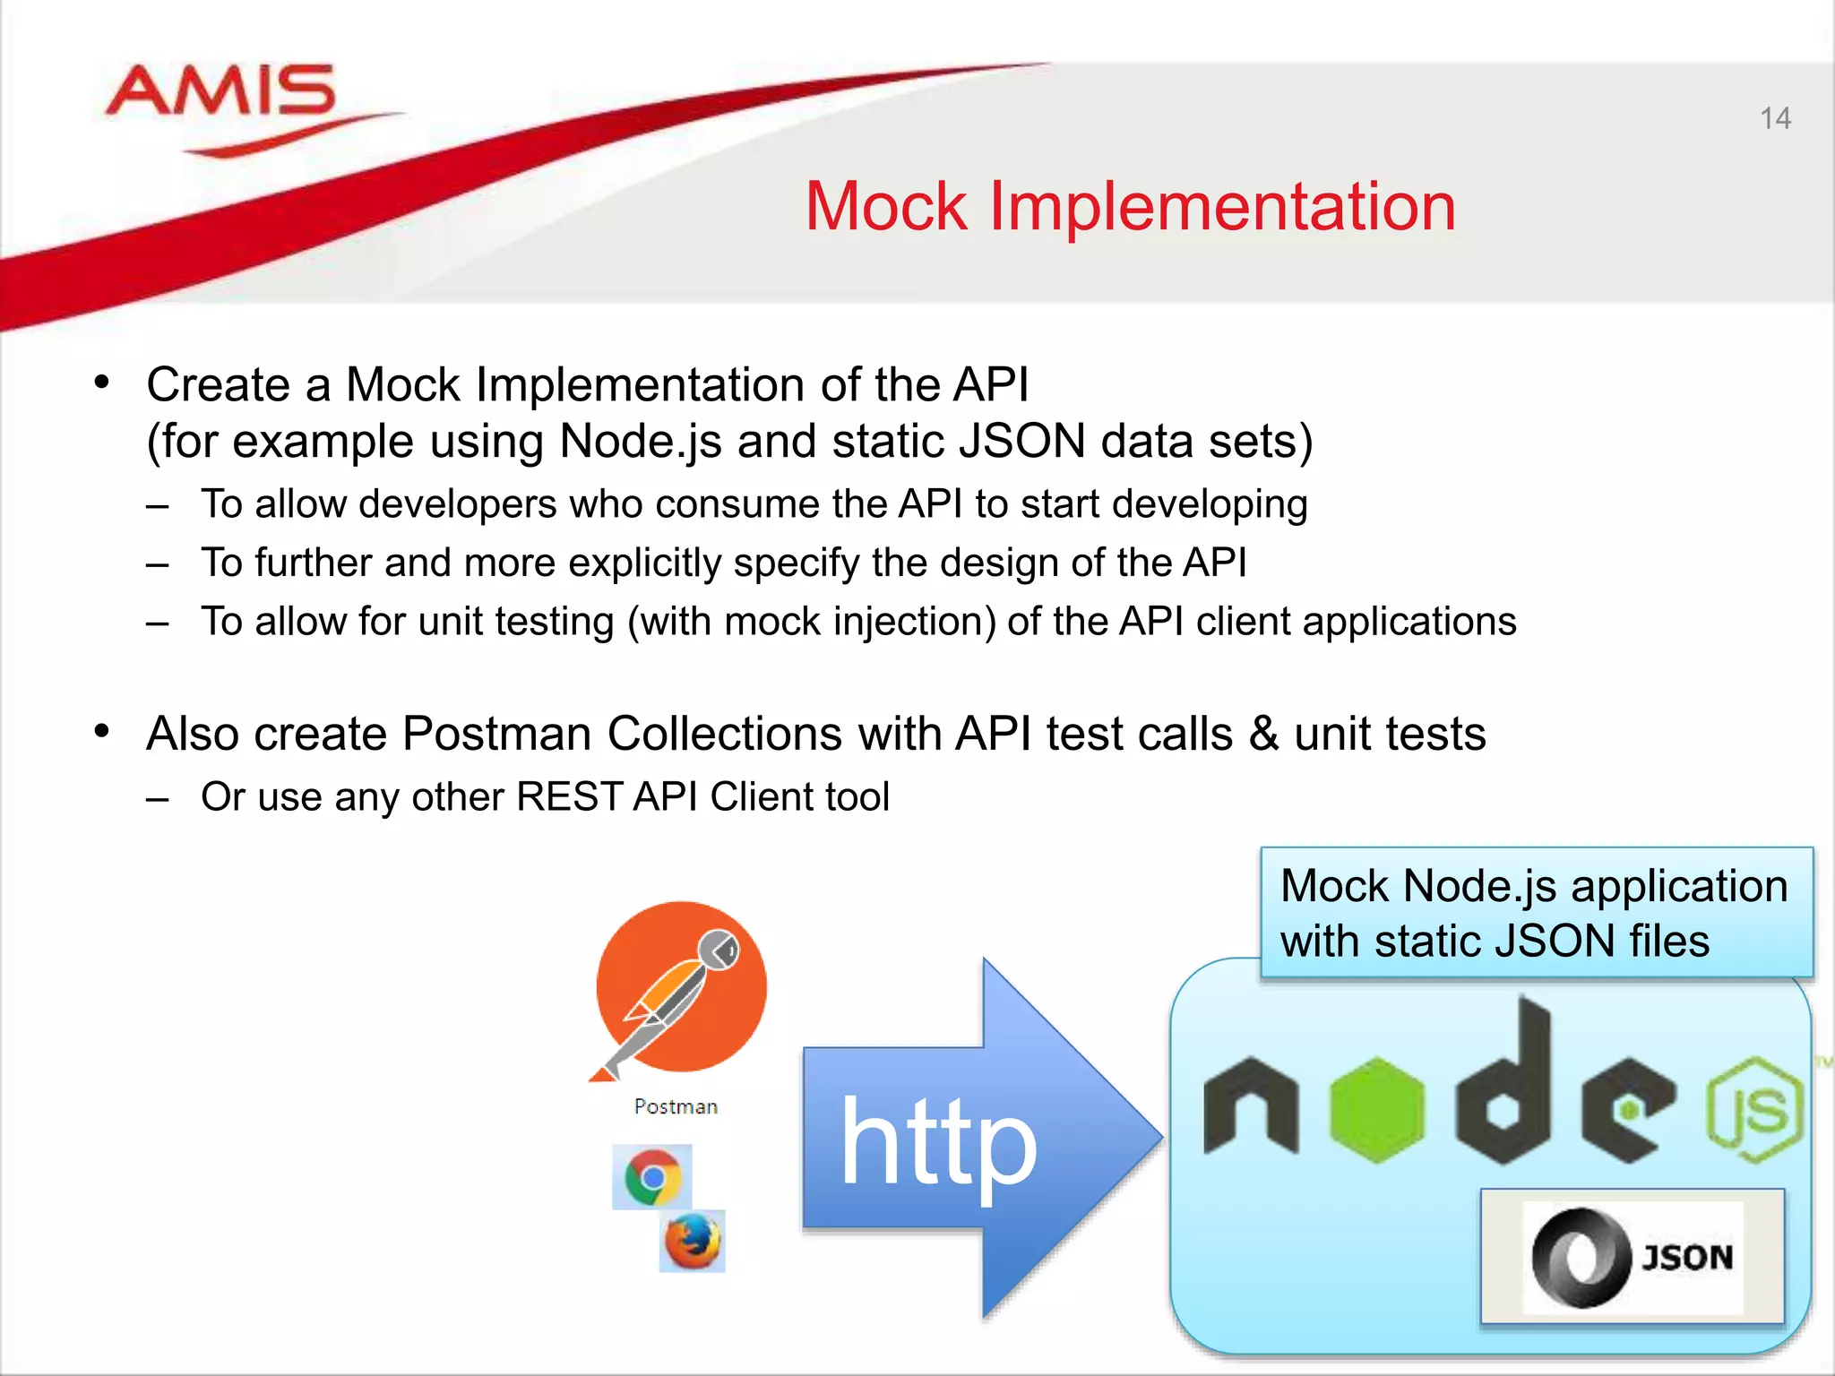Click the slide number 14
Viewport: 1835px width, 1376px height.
(1774, 118)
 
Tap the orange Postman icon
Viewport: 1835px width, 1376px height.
(681, 986)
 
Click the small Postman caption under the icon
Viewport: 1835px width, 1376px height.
(676, 1107)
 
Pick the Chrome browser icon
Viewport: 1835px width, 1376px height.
(652, 1176)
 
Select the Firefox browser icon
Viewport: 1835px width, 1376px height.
(692, 1241)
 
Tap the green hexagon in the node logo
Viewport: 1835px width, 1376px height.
(1376, 1109)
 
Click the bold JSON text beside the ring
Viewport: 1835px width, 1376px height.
(1687, 1258)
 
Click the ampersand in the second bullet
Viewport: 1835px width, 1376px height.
(1263, 735)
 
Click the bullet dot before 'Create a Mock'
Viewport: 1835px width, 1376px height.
(102, 383)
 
